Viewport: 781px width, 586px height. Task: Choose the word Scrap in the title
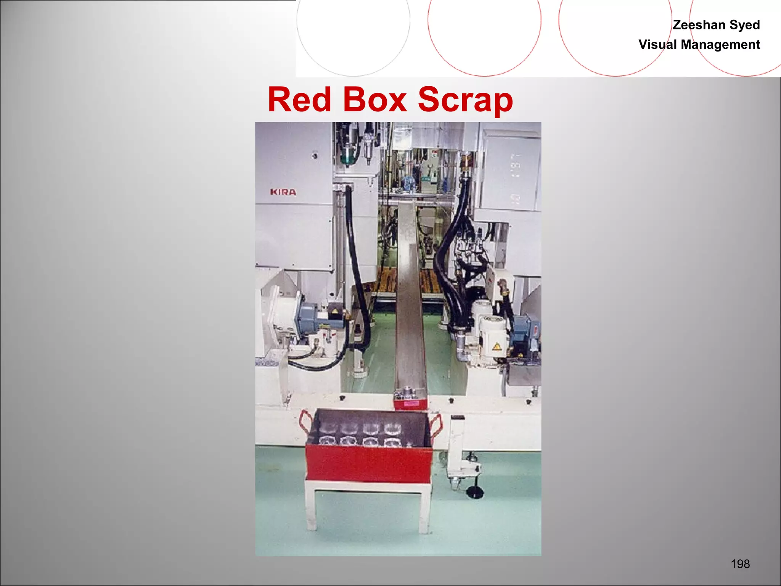pos(465,100)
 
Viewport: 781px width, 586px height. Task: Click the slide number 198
pos(740,564)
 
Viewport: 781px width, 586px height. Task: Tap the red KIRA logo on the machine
pos(283,192)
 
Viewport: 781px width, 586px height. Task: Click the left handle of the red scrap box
pos(305,422)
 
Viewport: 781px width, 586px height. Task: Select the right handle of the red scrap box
pos(436,423)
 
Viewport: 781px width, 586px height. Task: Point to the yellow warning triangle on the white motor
pos(496,346)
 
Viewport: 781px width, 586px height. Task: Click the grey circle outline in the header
pos(353,23)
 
